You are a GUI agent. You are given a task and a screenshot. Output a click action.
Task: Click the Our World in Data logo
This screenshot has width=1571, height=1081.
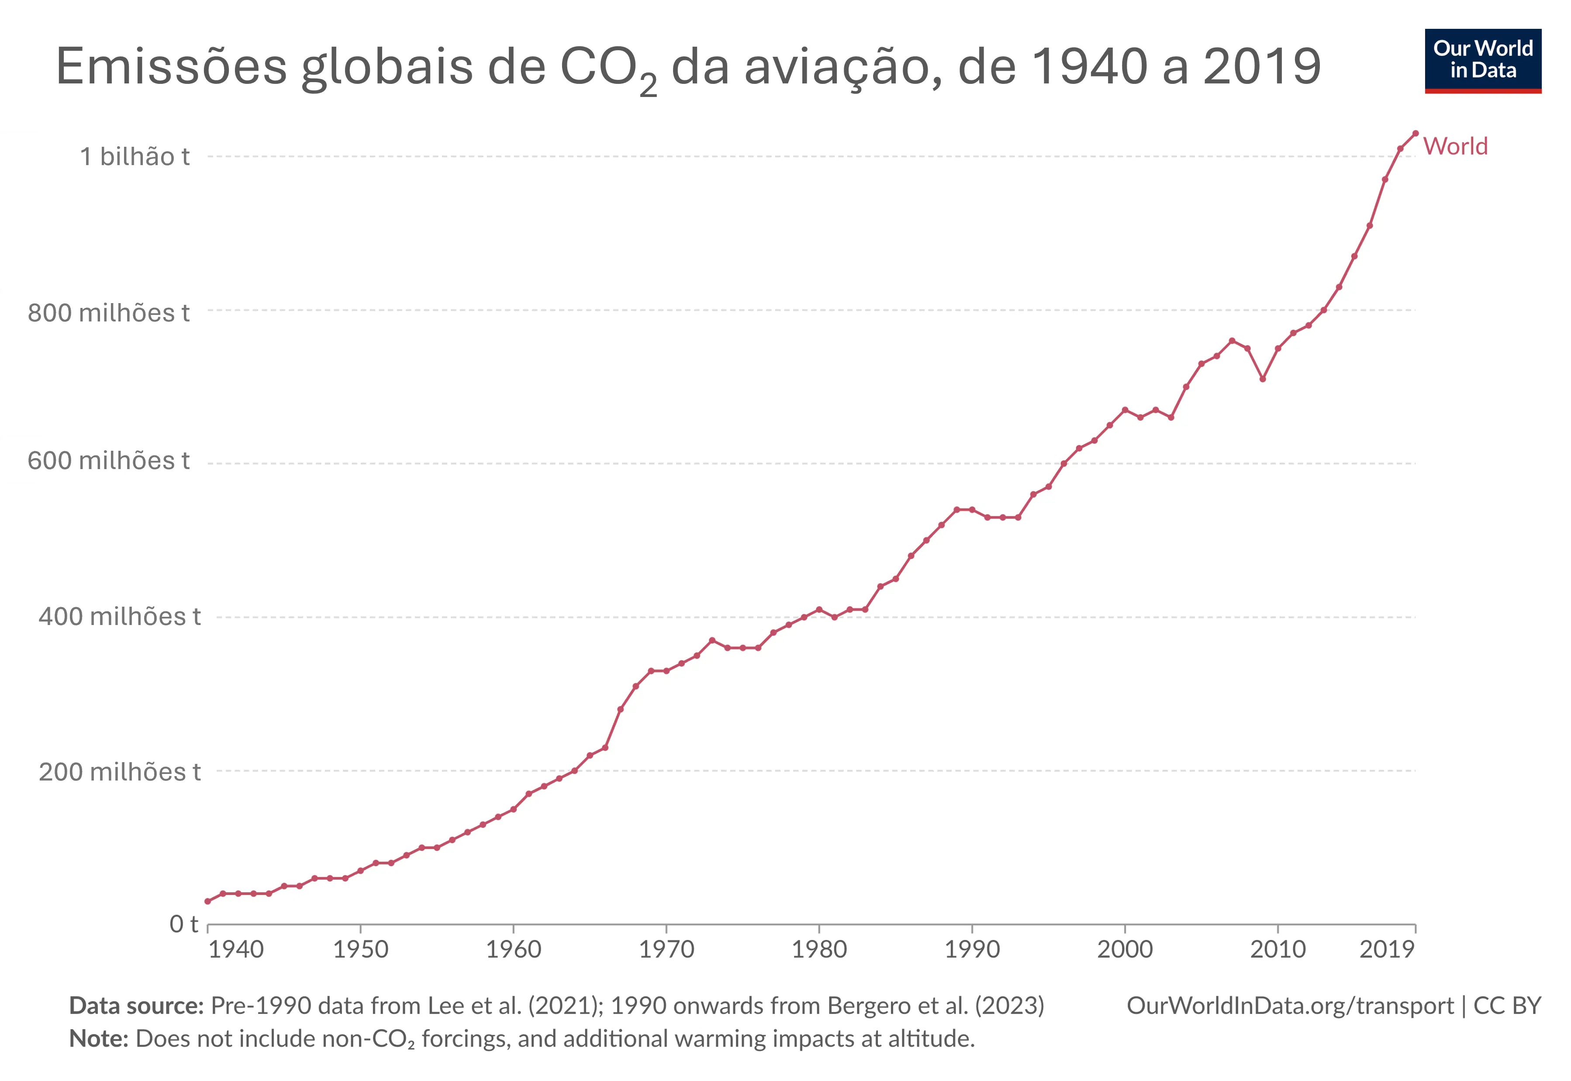1482,60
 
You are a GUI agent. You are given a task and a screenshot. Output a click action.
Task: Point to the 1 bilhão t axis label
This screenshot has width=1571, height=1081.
135,156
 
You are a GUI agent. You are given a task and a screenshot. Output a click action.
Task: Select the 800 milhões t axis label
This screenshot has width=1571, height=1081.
108,313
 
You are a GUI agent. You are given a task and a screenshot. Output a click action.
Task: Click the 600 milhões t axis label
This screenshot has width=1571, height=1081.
108,461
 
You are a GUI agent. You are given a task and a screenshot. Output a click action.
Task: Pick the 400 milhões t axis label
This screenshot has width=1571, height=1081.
119,616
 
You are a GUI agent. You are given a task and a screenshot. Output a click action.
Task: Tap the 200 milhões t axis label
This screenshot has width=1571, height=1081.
119,771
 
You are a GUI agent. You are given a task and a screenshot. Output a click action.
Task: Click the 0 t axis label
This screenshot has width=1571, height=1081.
183,923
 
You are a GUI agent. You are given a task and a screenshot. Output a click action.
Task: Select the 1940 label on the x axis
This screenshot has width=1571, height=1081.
236,950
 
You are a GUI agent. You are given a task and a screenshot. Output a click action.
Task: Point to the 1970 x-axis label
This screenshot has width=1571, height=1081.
666,950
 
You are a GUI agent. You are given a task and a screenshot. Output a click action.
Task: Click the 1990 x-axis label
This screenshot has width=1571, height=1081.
972,950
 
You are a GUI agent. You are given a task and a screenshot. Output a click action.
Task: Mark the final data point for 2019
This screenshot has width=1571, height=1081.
1415,133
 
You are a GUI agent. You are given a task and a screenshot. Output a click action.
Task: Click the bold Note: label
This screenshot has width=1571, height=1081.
99,1038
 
